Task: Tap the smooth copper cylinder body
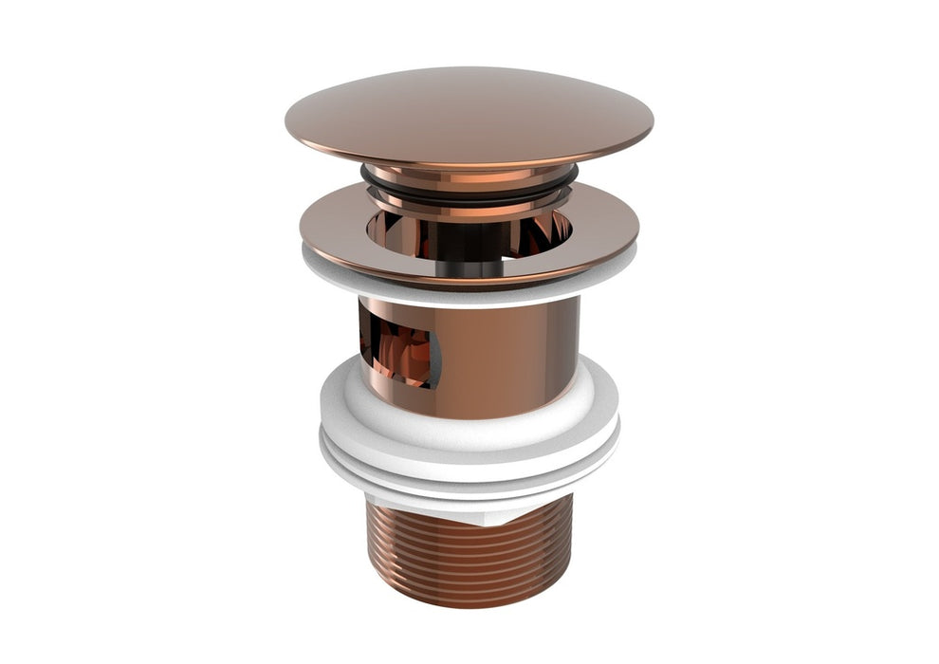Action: pyautogui.click(x=512, y=356)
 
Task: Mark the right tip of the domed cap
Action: pyautogui.click(x=652, y=123)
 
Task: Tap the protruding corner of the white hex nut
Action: pyautogui.click(x=513, y=513)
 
